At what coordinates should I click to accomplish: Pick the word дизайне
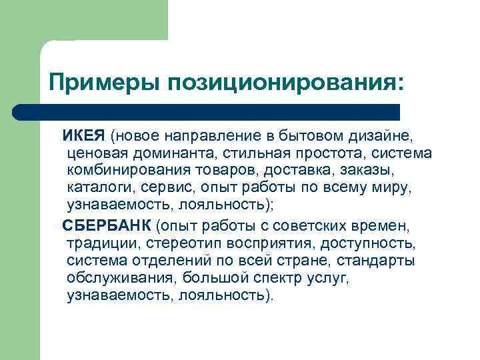click(x=387, y=137)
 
